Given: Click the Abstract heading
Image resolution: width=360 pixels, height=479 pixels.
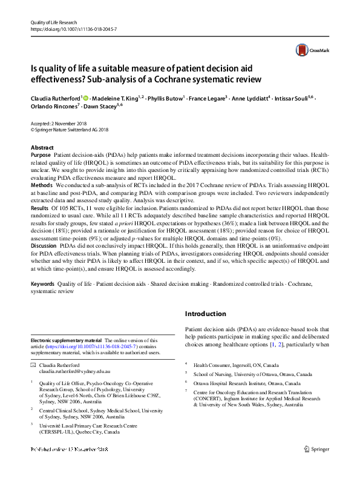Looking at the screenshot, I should tap(42, 148).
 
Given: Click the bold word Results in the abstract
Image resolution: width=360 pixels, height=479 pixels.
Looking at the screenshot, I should tap(40, 206).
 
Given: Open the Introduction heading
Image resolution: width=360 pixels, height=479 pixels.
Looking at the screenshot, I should tap(206, 314).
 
